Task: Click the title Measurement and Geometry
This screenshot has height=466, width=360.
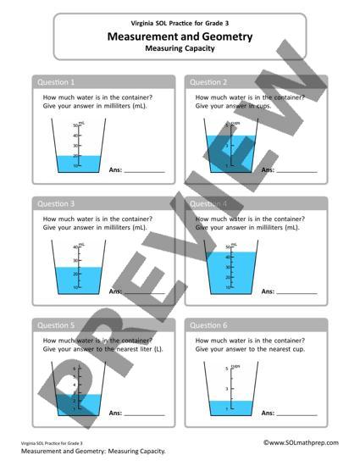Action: (x=180, y=36)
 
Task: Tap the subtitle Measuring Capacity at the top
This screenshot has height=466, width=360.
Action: (x=180, y=49)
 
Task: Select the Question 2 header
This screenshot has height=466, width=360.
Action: (x=208, y=82)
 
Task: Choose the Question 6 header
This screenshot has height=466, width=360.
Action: (x=208, y=325)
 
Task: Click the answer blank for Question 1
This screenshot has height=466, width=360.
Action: (x=145, y=170)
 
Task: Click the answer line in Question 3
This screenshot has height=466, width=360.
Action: (x=145, y=292)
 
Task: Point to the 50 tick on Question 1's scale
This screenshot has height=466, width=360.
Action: (x=75, y=125)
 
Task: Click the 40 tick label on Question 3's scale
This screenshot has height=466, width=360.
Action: (x=75, y=247)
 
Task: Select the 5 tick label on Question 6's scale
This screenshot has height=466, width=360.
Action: (x=227, y=369)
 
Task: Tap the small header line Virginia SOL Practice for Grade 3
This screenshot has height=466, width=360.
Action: (x=180, y=24)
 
